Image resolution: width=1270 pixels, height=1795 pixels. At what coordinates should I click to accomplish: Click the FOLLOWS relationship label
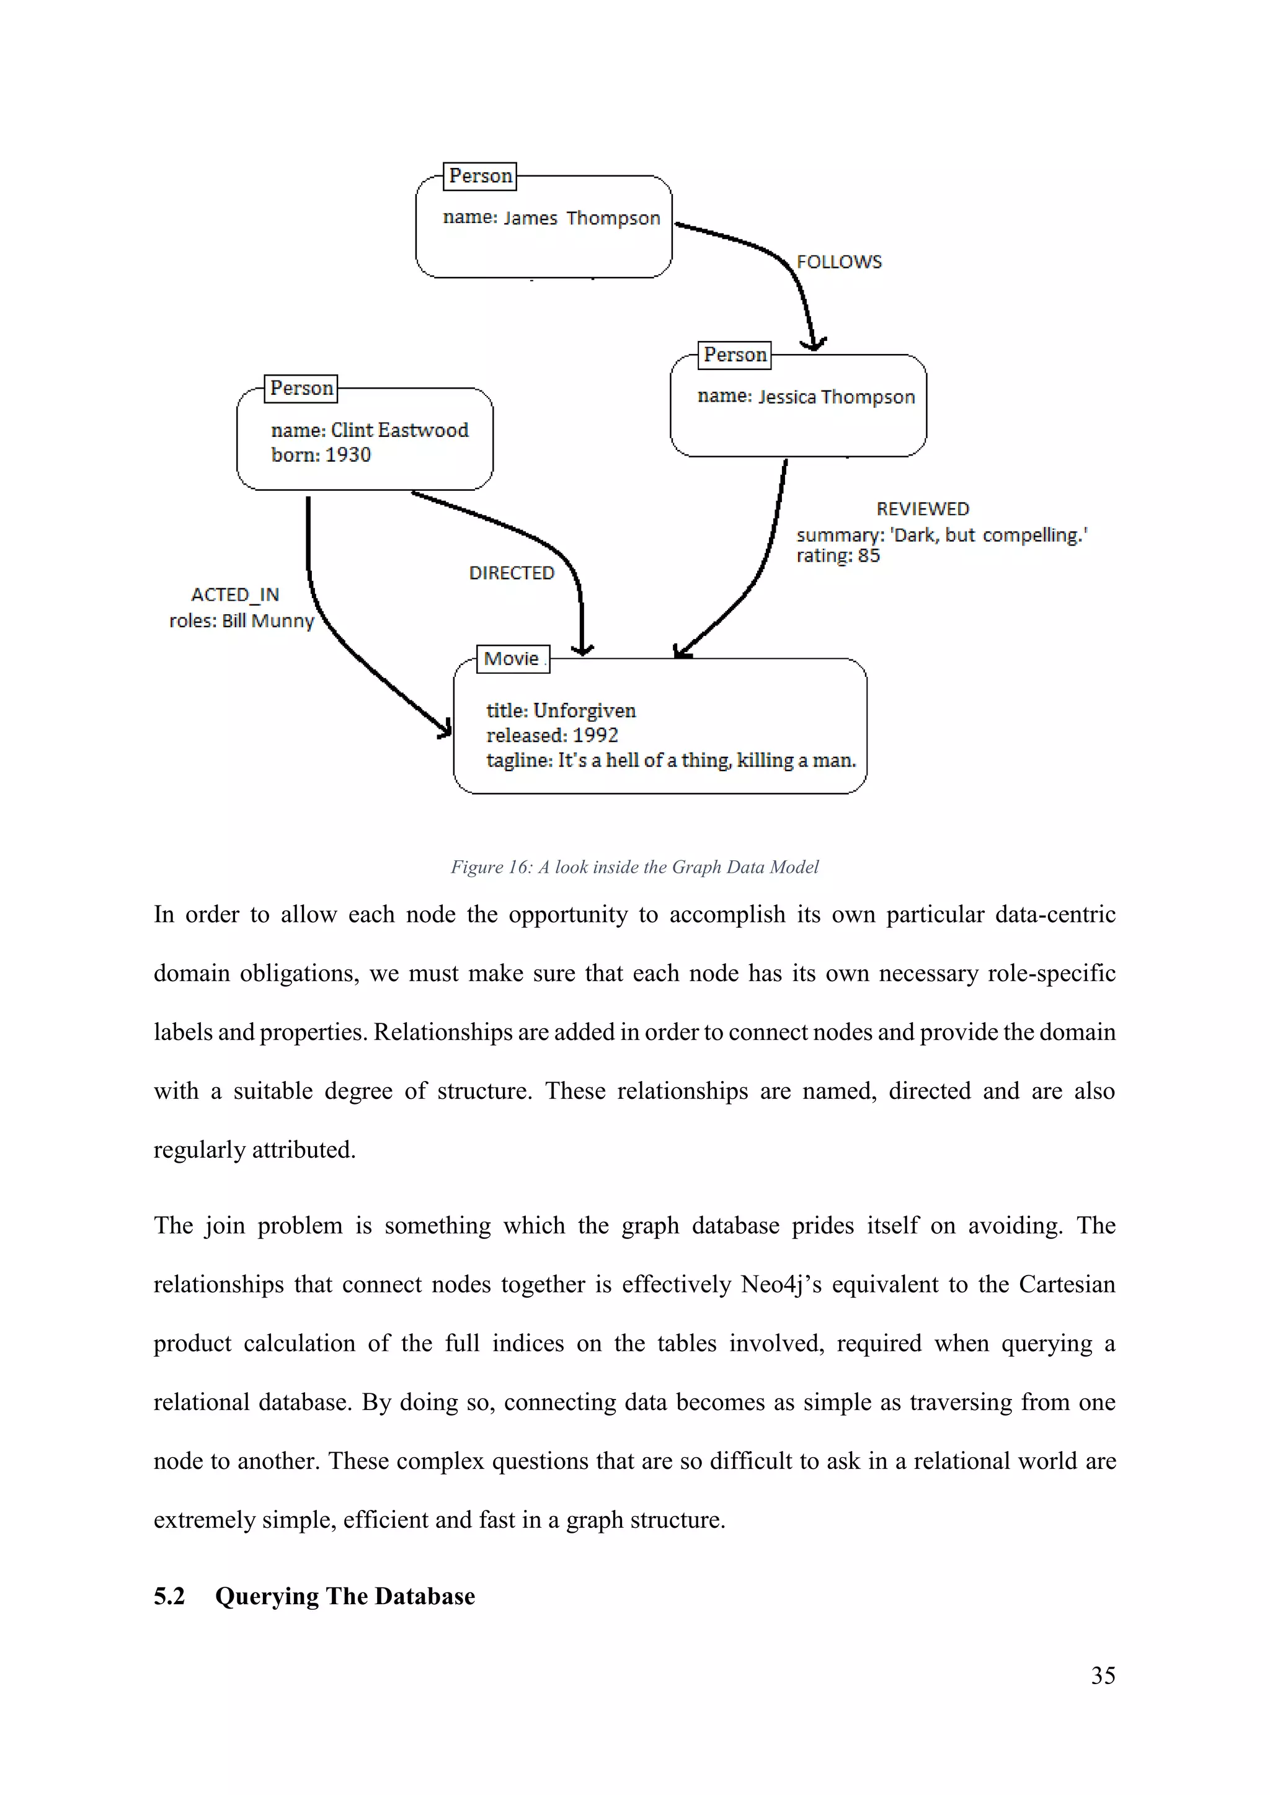pyautogui.click(x=838, y=262)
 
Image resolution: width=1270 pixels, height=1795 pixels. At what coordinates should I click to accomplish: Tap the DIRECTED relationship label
pyautogui.click(x=512, y=573)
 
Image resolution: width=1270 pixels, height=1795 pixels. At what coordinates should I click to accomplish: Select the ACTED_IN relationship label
pyautogui.click(x=234, y=595)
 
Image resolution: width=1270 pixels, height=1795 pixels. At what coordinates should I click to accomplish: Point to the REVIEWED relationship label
pyautogui.click(x=922, y=509)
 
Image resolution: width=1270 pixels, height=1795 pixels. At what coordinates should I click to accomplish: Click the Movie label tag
pyautogui.click(x=512, y=659)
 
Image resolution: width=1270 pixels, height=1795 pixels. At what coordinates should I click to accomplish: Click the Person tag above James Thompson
pyautogui.click(x=480, y=176)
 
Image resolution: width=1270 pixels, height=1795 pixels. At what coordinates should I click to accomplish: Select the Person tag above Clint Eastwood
pyautogui.click(x=301, y=389)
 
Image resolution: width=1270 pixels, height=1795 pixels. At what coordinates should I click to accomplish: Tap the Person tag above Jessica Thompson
pyautogui.click(x=734, y=355)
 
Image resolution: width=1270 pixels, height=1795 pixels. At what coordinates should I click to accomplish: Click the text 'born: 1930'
pyautogui.click(x=321, y=455)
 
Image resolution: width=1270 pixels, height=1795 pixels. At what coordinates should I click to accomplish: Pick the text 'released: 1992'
pyautogui.click(x=552, y=736)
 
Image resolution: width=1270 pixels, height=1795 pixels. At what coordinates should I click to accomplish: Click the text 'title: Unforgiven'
pyautogui.click(x=561, y=711)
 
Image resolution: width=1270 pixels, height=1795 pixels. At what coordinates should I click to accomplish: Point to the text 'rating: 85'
pyautogui.click(x=838, y=556)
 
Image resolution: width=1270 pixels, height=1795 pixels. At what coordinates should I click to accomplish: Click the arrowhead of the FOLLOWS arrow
pyautogui.click(x=814, y=345)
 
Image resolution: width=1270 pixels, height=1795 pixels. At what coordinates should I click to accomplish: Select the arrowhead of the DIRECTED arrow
pyautogui.click(x=582, y=650)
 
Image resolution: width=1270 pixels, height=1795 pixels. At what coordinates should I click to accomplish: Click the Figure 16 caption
pyautogui.click(x=634, y=867)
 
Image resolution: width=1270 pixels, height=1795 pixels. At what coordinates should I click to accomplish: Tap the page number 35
pyautogui.click(x=1103, y=1675)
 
